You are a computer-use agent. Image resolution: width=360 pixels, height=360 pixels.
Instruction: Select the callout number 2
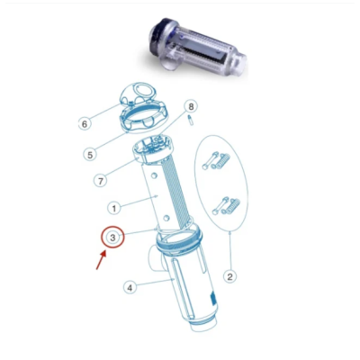(229, 276)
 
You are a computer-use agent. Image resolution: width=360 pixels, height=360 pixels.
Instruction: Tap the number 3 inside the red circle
(112, 238)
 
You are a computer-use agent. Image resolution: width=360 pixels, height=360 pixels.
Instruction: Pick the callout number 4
(130, 288)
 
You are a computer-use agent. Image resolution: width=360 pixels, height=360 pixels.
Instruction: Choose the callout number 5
(114, 154)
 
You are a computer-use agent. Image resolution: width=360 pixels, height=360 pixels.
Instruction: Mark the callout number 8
(190, 107)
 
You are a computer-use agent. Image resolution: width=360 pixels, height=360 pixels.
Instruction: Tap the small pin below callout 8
(193, 125)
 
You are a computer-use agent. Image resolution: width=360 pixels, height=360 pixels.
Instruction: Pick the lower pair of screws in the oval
(225, 206)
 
